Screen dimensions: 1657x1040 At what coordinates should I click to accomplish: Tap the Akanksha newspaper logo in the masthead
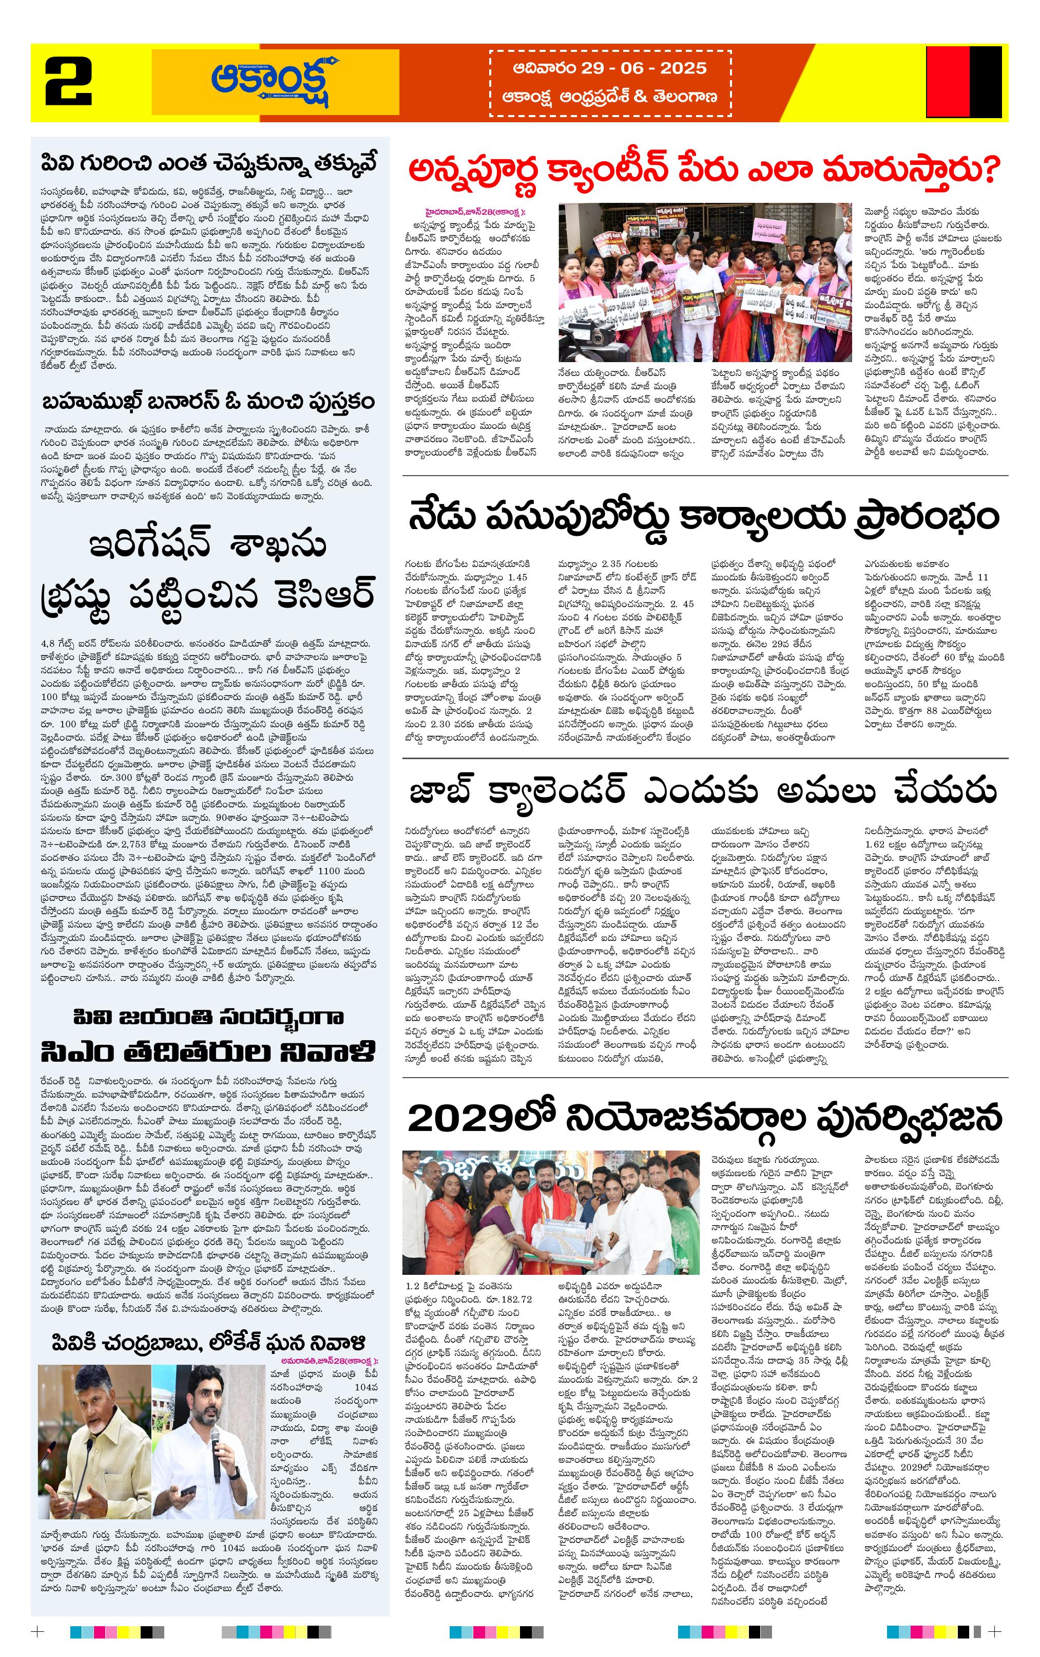275,81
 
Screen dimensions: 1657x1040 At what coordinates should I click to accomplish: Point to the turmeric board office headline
703,517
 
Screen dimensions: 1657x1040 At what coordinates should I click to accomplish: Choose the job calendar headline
703,792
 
